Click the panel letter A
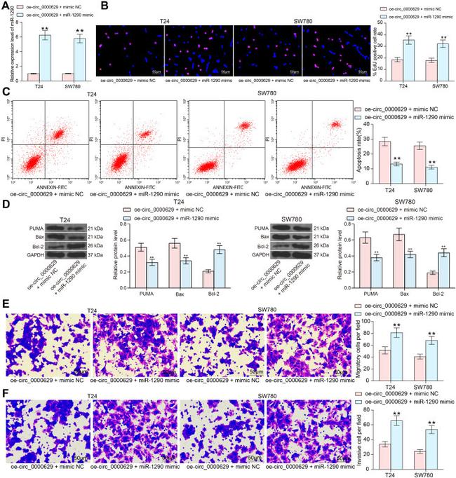coord(6,6)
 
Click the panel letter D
coord(6,205)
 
